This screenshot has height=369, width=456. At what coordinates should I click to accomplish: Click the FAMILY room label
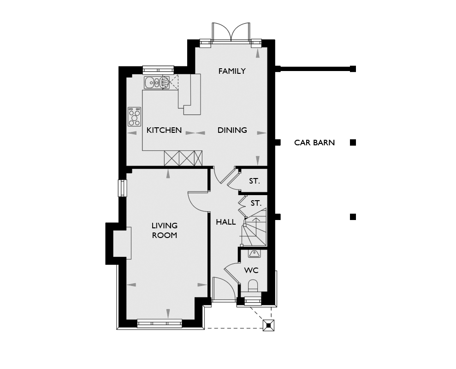pyautogui.click(x=232, y=71)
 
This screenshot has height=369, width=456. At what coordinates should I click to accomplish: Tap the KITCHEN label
pyautogui.click(x=164, y=130)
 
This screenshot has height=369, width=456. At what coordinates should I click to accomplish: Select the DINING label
pyautogui.click(x=232, y=130)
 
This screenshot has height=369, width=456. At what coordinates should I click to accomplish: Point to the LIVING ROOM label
pyautogui.click(x=165, y=230)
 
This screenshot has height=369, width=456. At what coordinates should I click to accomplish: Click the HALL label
pyautogui.click(x=225, y=222)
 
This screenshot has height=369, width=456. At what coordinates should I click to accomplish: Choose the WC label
pyautogui.click(x=251, y=270)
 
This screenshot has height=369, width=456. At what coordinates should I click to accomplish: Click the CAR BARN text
pyautogui.click(x=314, y=143)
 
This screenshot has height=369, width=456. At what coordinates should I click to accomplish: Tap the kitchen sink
pyautogui.click(x=157, y=83)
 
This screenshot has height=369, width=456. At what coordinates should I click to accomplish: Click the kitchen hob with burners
pyautogui.click(x=134, y=117)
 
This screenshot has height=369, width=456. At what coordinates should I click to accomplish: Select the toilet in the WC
pyautogui.click(x=253, y=286)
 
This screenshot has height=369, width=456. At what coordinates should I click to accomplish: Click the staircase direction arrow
pyautogui.click(x=256, y=225)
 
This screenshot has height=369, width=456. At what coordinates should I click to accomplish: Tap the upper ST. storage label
pyautogui.click(x=254, y=181)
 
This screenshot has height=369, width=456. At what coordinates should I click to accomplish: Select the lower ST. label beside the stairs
pyautogui.click(x=256, y=203)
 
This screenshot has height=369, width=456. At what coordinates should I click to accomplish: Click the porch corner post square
pyautogui.click(x=268, y=325)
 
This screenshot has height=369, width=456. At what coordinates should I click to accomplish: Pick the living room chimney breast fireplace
pyautogui.click(x=122, y=243)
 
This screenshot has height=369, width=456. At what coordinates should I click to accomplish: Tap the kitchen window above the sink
pyautogui.click(x=158, y=70)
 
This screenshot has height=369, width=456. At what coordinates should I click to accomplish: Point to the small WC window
pyautogui.click(x=253, y=301)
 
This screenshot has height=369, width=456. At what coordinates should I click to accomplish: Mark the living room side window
pyautogui.click(x=123, y=188)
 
